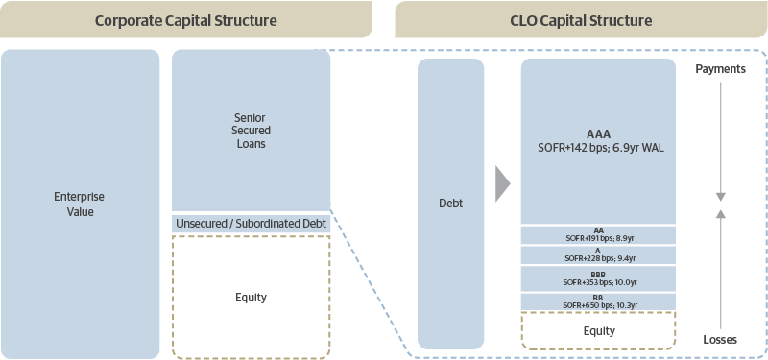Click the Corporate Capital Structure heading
tap(185, 20)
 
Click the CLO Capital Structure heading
tap(581, 20)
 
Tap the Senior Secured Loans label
tap(251, 131)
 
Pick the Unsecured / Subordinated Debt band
tap(252, 224)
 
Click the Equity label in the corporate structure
tap(251, 298)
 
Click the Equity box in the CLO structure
tap(598, 331)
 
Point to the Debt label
tap(450, 204)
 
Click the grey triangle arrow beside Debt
tap(502, 183)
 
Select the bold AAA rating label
tap(598, 133)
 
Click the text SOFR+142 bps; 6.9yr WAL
tap(598, 148)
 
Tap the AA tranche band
tap(598, 234)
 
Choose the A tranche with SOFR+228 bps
tap(598, 254)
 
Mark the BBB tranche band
tap(598, 278)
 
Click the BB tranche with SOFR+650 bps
tap(598, 300)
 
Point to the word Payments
tap(720, 70)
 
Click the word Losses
tap(720, 340)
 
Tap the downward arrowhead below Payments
tap(720, 196)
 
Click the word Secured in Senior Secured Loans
tap(251, 131)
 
